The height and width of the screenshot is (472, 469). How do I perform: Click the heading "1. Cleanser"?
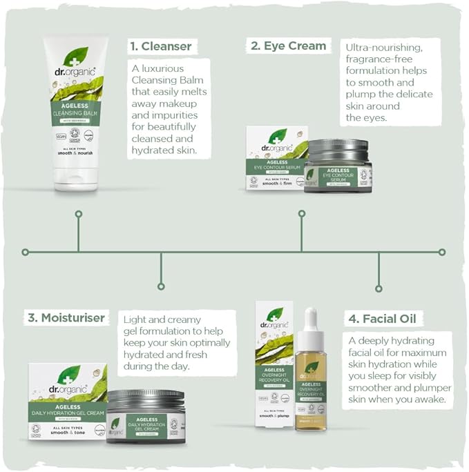160,47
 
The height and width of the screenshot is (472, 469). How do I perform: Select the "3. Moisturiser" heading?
66,317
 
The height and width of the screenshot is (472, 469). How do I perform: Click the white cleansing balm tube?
76,110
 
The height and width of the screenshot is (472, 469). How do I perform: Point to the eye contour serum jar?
338,166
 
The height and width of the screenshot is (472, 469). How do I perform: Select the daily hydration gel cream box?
67,404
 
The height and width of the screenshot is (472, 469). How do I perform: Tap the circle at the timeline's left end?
25,252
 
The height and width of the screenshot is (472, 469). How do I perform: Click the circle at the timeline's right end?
442,252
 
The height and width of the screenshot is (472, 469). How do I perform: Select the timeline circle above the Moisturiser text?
161,286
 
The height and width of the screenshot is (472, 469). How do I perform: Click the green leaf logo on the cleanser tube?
75,56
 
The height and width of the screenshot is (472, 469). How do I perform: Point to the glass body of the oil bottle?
311,393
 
